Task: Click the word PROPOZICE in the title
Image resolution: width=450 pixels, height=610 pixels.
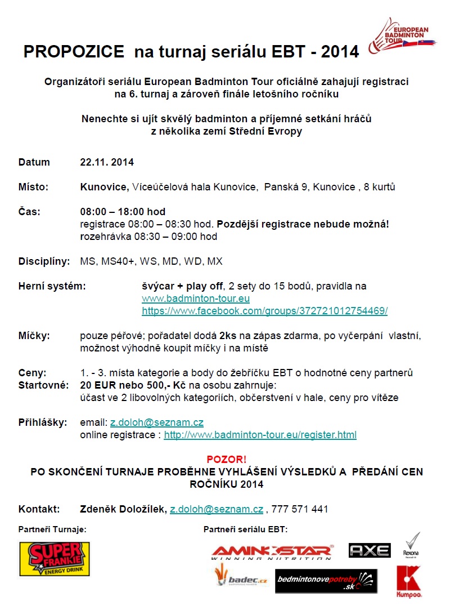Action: tap(74, 52)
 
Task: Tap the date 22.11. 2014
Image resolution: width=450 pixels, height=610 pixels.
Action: tap(107, 162)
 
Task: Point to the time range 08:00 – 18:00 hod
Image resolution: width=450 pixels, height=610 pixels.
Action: tap(123, 212)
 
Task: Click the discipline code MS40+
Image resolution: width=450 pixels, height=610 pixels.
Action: tap(115, 261)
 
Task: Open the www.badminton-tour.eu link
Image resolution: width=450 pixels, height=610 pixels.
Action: tap(195, 299)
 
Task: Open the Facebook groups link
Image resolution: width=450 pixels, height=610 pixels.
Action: tap(264, 311)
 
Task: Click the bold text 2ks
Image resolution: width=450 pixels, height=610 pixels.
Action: tap(228, 336)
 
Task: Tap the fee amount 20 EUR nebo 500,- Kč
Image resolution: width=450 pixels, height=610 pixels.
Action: tap(129, 385)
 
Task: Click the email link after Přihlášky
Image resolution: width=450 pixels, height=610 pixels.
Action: tap(156, 422)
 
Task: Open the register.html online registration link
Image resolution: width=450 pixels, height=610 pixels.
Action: tap(260, 435)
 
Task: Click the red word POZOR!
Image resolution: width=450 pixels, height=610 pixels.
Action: tap(226, 459)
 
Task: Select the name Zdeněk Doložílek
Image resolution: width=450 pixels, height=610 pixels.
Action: tap(123, 509)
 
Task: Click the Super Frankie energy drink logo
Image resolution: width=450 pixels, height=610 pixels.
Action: tap(55, 559)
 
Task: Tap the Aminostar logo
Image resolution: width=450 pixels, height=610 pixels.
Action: tap(272, 552)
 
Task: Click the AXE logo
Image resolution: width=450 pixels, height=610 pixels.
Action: tap(370, 550)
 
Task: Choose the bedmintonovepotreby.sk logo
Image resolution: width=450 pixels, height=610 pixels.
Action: tap(326, 581)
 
